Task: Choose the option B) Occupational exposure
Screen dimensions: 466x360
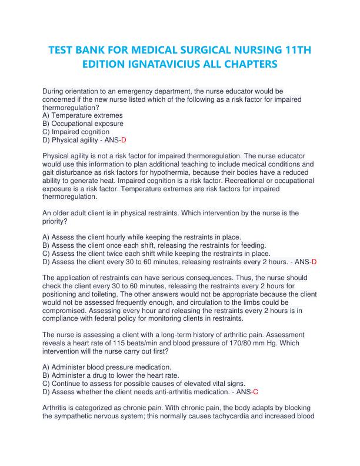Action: pyautogui.click(x=83, y=124)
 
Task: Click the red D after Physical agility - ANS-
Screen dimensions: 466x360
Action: pyautogui.click(x=124, y=141)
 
